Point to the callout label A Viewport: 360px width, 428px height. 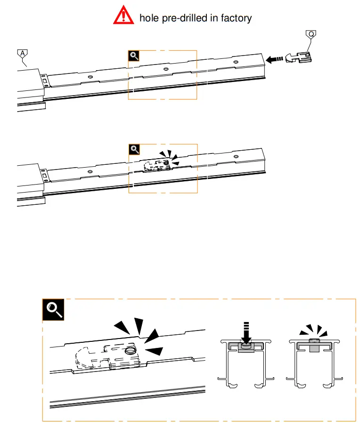click(x=22, y=54)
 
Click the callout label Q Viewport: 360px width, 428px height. click(x=311, y=34)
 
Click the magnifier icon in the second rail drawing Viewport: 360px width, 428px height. click(x=134, y=150)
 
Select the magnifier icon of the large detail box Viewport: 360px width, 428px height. click(x=53, y=310)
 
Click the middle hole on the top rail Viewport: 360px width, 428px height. click(x=165, y=69)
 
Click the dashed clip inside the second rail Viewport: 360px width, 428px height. click(x=156, y=165)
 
